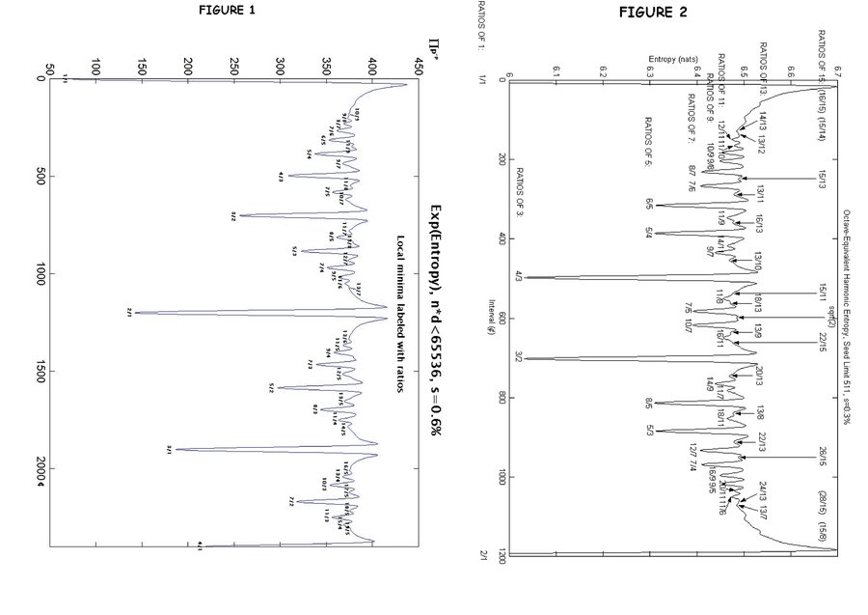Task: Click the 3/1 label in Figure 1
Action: point(169,449)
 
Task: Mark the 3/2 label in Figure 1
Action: point(233,215)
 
